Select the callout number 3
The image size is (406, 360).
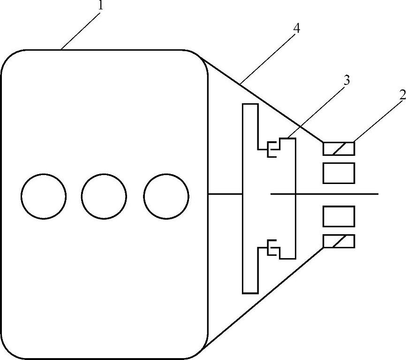coord(346,80)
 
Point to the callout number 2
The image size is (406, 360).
coord(402,94)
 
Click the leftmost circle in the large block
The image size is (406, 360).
coord(44,196)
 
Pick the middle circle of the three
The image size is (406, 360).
coord(104,196)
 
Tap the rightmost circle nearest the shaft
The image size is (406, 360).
coord(166,196)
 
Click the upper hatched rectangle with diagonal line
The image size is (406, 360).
coord(338,148)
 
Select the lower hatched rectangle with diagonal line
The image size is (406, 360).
coord(338,241)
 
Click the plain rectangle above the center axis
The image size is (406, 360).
coord(338,173)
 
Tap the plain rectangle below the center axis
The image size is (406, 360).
coord(338,216)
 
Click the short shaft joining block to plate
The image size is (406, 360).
coord(225,193)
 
